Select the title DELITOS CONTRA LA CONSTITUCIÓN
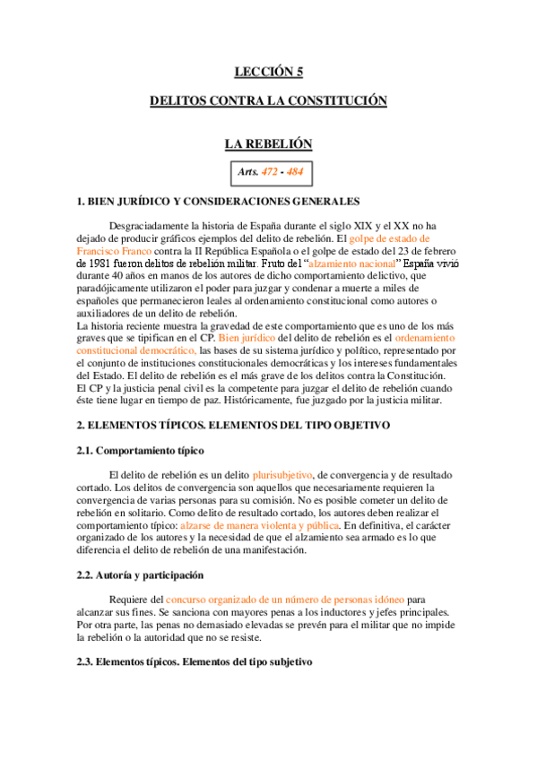pyautogui.click(x=268, y=101)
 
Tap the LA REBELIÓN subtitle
pyautogui.click(x=268, y=143)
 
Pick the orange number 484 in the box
pyautogui.click(x=294, y=171)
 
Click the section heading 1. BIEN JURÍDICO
pyautogui.click(x=219, y=202)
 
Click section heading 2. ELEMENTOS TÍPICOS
pyautogui.click(x=233, y=425)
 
